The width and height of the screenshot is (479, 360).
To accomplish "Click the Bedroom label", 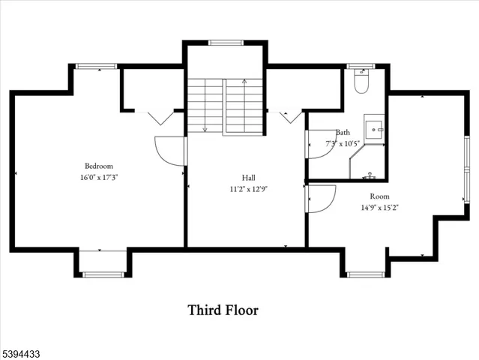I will pos(98,166).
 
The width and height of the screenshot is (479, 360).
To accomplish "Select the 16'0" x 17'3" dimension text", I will pos(98,178).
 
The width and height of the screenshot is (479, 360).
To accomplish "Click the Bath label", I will pos(343,132).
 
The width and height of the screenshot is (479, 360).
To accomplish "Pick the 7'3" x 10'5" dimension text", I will pos(343,142).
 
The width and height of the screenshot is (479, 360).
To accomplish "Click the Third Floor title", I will pos(223,309).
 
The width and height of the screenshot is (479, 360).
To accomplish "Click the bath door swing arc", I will pos(321,145).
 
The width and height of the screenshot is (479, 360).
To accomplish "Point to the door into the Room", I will pos(320,199).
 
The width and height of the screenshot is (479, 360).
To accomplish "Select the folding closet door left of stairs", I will pos(159,117).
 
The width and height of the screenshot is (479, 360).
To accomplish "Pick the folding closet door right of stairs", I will pos(289,117).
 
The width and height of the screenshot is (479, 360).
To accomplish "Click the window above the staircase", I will pos(223,43).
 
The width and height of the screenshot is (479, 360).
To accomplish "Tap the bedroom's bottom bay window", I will pos(102,274).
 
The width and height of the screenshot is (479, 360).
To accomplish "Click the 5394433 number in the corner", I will pos(20,351).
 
